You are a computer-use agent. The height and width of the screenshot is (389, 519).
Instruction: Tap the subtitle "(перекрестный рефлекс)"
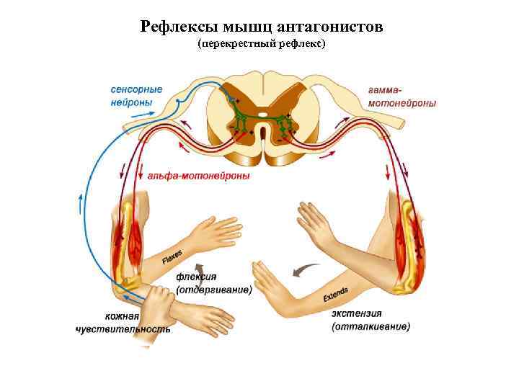point(262,45)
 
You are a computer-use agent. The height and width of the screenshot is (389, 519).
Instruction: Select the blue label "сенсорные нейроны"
point(136,96)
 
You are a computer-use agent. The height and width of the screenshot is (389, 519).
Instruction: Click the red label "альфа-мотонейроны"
point(198,176)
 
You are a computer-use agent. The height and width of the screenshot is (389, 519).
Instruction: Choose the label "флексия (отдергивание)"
point(213,283)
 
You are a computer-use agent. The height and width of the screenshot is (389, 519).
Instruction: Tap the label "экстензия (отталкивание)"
point(371,320)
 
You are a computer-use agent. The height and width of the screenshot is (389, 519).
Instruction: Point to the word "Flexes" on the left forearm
point(172,256)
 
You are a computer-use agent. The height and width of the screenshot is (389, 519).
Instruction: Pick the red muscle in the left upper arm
point(136,231)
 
